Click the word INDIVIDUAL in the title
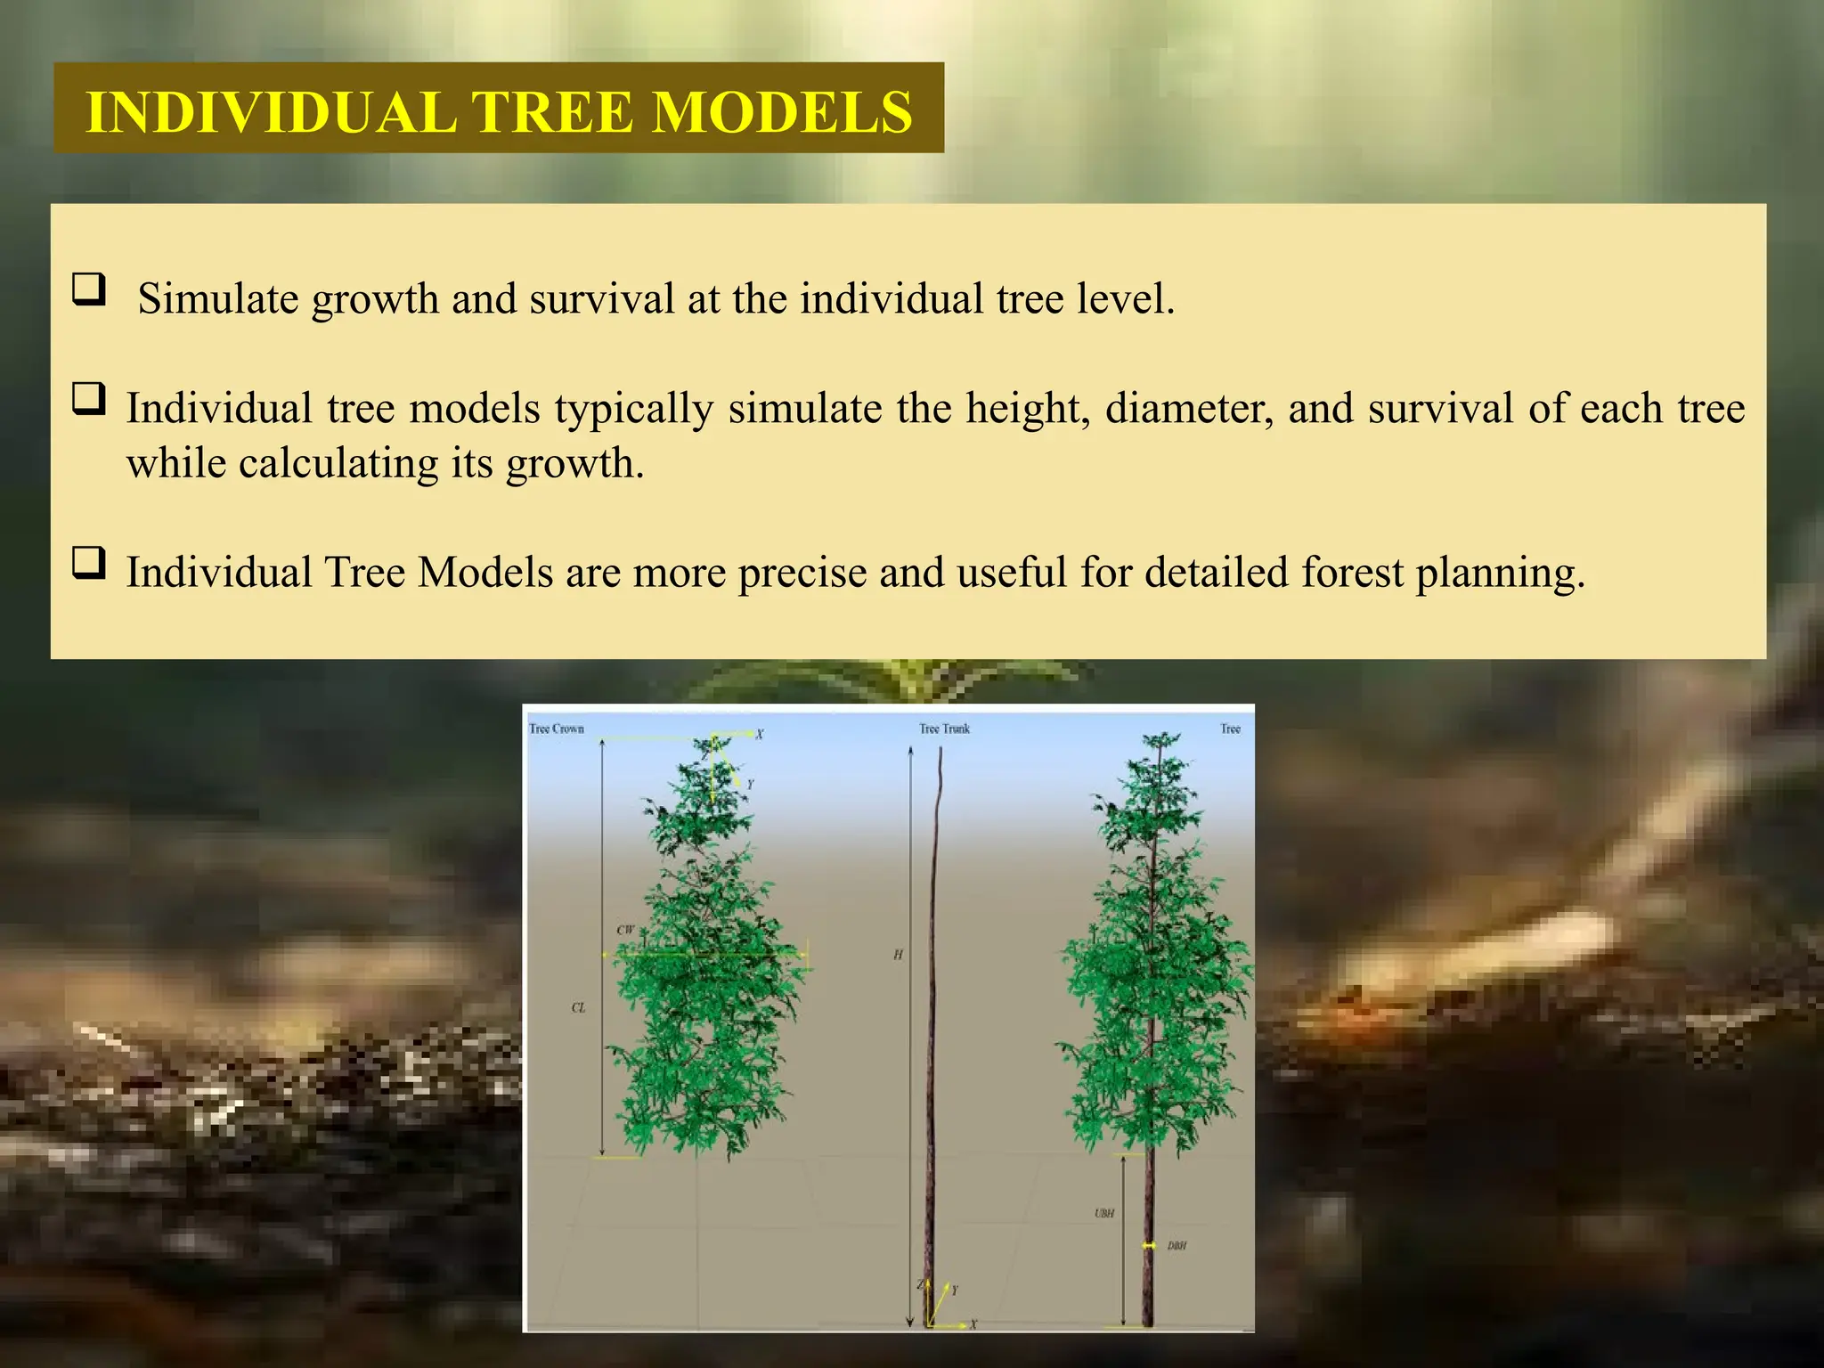click(271, 112)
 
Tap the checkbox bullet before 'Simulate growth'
click(89, 289)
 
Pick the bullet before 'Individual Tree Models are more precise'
click(89, 563)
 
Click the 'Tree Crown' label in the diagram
click(557, 729)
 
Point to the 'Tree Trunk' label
click(944, 729)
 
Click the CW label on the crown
click(625, 931)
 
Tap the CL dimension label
click(579, 1008)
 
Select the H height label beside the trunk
click(898, 955)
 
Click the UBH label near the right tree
click(1104, 1213)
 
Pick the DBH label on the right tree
click(1177, 1246)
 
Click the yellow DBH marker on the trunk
click(1149, 1245)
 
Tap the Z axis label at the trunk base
click(921, 1284)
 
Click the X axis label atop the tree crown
click(760, 735)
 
